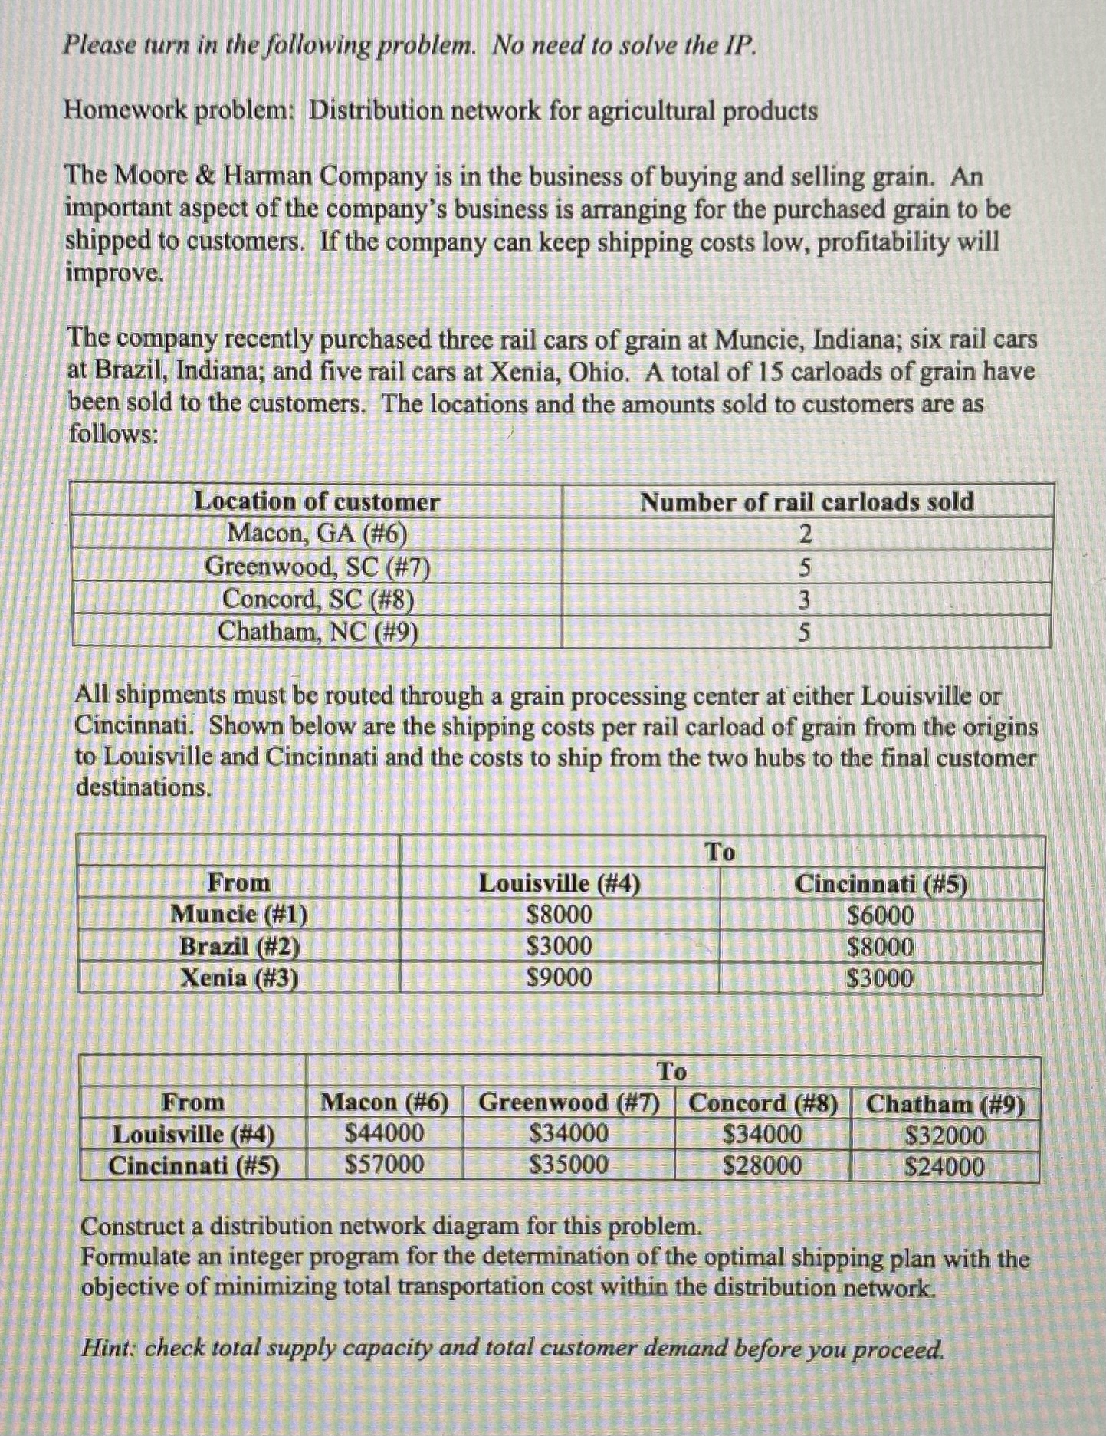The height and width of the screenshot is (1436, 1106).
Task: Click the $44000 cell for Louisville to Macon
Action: pos(385,1133)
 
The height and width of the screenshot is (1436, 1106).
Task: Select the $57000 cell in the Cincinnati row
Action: pos(385,1165)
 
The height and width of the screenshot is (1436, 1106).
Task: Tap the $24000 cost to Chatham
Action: pos(944,1167)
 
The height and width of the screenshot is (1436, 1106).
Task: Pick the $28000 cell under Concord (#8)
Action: pos(763,1166)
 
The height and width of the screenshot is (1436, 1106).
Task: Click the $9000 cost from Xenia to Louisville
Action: pos(560,978)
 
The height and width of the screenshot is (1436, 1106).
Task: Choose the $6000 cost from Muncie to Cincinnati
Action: pos(881,915)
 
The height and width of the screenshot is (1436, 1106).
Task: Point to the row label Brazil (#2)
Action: pos(239,946)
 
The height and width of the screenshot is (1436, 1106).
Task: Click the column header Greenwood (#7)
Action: pos(569,1102)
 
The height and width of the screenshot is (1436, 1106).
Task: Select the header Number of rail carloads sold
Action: pos(806,501)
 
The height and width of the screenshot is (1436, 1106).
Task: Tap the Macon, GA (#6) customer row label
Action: pos(317,532)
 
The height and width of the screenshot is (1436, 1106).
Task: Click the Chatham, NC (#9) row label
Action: pos(317,632)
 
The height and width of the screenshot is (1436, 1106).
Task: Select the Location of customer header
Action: pos(316,501)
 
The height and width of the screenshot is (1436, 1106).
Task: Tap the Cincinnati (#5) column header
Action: pos(881,884)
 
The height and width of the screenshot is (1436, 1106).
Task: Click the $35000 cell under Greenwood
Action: pos(569,1165)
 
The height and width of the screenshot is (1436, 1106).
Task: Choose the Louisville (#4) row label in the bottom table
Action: pos(193,1134)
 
